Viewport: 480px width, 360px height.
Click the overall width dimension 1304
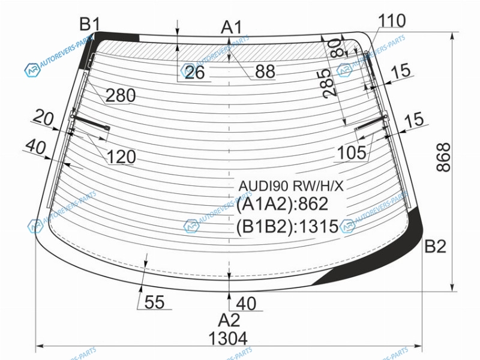coord(228,339)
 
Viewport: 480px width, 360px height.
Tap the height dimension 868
coord(443,158)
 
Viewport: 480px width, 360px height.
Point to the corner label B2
coord(435,246)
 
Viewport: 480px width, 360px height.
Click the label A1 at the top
coord(231,27)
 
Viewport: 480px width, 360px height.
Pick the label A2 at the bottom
coord(229,319)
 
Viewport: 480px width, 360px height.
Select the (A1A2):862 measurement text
coord(282,205)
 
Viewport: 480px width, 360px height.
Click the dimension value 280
coord(121,95)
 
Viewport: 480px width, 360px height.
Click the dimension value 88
coord(265,72)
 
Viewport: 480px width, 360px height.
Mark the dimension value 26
coord(194,73)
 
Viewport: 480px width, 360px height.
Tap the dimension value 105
coord(351,154)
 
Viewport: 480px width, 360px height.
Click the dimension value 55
coord(154,303)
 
